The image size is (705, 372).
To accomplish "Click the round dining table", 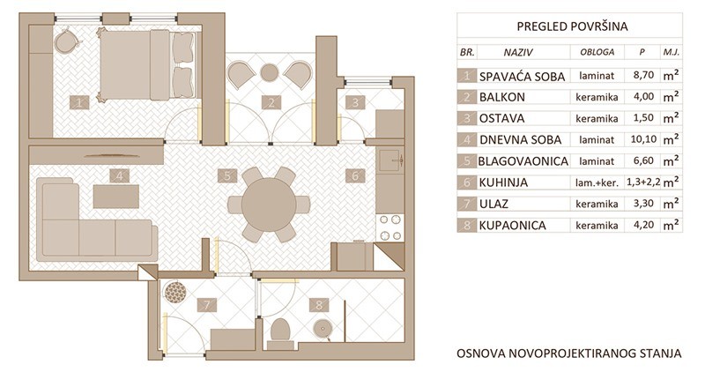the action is click(x=269, y=205).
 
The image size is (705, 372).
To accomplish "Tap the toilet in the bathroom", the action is click(x=281, y=334).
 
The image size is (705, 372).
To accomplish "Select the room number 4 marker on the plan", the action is click(x=120, y=175).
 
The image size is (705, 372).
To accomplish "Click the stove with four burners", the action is click(x=390, y=227).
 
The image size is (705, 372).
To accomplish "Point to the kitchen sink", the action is click(x=390, y=160).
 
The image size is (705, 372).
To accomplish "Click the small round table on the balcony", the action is click(x=270, y=73).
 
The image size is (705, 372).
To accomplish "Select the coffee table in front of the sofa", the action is click(x=116, y=197).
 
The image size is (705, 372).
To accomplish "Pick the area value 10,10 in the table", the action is click(x=643, y=139).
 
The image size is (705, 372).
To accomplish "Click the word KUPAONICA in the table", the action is click(x=513, y=226).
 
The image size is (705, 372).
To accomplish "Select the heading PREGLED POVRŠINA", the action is click(x=572, y=26).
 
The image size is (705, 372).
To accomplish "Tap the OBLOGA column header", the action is click(x=597, y=52).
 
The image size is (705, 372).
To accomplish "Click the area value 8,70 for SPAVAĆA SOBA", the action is click(x=643, y=75).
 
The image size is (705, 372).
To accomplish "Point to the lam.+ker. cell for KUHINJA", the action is click(x=597, y=182).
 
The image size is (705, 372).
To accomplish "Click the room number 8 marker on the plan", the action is click(x=319, y=305).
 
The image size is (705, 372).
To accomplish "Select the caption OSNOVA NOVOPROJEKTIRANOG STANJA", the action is click(x=569, y=353).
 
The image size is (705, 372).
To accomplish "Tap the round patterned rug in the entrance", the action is click(x=174, y=293).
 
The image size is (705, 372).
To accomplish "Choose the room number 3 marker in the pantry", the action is click(x=356, y=102).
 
